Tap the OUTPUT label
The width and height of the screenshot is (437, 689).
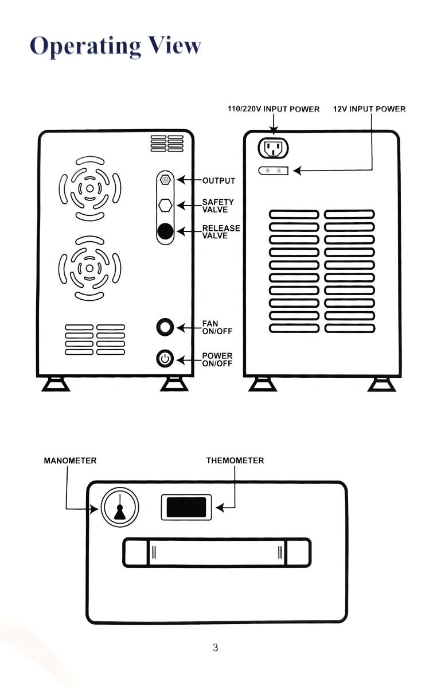coord(219,181)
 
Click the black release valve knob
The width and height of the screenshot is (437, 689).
coord(165,231)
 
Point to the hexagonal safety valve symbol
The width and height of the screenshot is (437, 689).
coord(165,206)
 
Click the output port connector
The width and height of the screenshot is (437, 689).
coord(165,180)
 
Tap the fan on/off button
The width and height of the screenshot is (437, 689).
coord(165,327)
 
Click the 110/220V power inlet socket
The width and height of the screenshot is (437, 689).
coord(273,148)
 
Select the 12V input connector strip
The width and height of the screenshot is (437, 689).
coord(273,171)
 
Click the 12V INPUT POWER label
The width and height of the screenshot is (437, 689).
coord(369,109)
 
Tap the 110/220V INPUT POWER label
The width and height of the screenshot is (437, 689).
coord(274,109)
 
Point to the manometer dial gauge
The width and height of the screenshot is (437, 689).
coord(120,507)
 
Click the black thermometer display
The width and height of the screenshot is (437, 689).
coord(186,508)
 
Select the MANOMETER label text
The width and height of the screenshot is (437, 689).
coord(70,460)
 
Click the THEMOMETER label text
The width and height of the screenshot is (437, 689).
coord(235,460)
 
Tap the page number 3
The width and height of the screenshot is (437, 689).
coord(215,648)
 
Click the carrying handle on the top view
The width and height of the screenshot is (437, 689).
coord(217,552)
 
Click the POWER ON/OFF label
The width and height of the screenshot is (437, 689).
coord(217,359)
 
